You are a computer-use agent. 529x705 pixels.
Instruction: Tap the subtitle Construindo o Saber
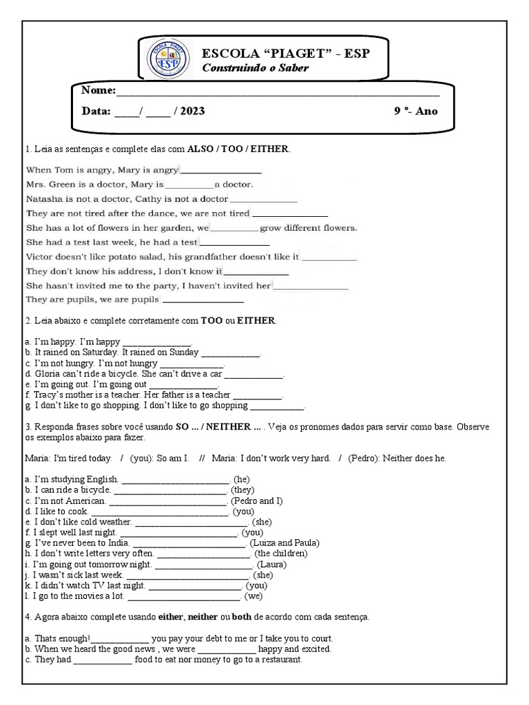coord(255,68)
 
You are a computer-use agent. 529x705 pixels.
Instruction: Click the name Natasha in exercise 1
coord(45,198)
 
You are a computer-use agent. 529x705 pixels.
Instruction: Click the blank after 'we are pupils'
coord(203,299)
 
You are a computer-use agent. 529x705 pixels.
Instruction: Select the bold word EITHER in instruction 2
coord(256,321)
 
